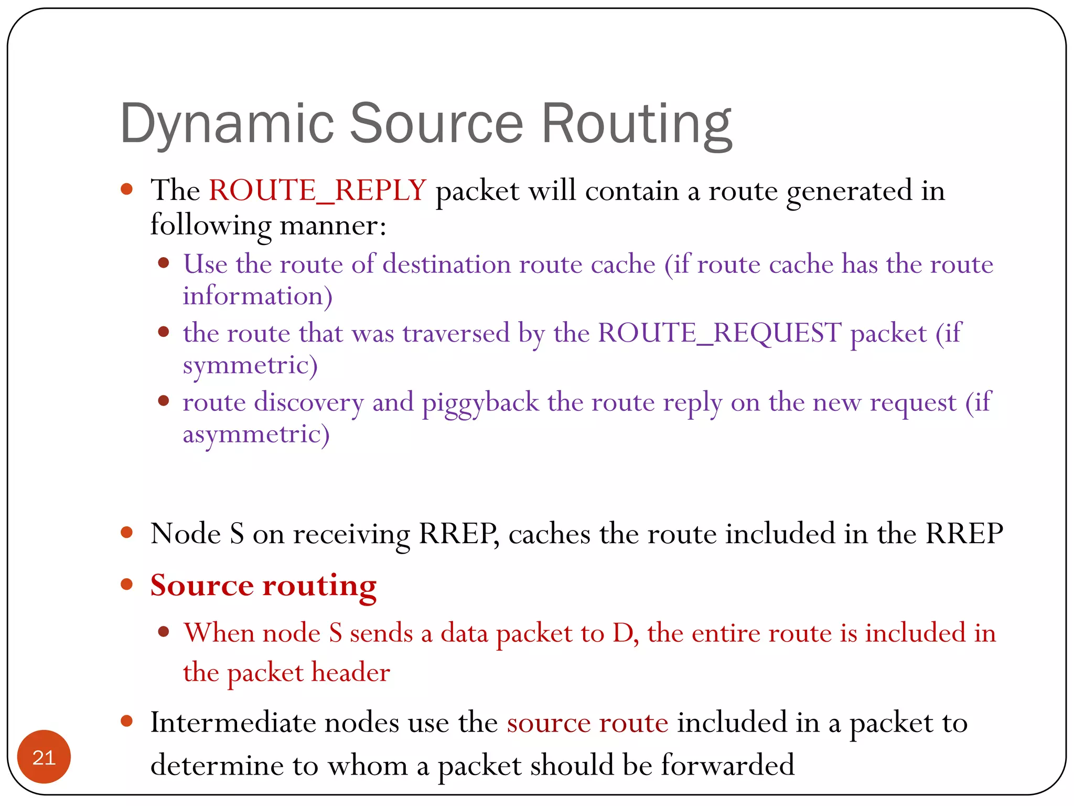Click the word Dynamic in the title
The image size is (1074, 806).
[x=227, y=124]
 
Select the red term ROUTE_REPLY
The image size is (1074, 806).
[x=317, y=190]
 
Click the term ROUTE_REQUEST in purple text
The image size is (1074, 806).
[x=719, y=333]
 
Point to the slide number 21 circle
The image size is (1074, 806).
[x=44, y=757]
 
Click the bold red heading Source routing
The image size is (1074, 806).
[x=263, y=585]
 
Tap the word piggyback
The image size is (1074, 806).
[x=480, y=402]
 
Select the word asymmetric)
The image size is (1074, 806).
[x=256, y=434]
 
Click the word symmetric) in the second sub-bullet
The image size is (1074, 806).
[x=250, y=365]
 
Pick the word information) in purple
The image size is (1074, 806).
[x=257, y=296]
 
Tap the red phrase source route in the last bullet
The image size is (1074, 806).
[x=587, y=723]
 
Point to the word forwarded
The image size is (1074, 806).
[x=727, y=765]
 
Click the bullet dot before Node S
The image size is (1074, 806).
[x=126, y=533]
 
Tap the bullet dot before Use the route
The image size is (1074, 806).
[x=164, y=263]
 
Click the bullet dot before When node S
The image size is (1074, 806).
[x=164, y=632]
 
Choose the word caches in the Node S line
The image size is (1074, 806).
[x=549, y=534]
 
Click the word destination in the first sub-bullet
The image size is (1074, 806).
[x=446, y=263]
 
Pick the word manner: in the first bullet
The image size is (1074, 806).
[x=333, y=225]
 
